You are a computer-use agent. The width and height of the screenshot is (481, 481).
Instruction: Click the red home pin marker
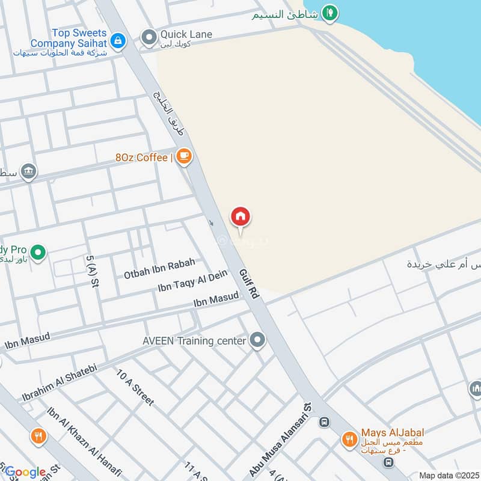click(x=240, y=217)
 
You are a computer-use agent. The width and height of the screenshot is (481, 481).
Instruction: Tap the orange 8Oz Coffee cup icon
click(x=184, y=157)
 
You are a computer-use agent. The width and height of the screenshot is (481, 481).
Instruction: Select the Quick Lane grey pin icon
click(x=149, y=38)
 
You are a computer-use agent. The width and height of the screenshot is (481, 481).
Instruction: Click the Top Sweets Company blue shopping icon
click(x=118, y=41)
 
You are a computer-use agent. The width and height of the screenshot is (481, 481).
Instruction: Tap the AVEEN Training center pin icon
click(x=258, y=340)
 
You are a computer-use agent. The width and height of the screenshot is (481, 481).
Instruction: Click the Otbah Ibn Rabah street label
click(x=159, y=268)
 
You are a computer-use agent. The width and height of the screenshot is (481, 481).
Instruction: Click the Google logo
click(x=25, y=472)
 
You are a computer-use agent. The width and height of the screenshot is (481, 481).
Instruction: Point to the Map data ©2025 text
click(x=448, y=475)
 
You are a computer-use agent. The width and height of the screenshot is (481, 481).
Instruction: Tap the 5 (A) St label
click(x=92, y=276)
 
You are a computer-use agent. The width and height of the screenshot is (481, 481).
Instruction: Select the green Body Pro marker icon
click(x=38, y=253)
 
